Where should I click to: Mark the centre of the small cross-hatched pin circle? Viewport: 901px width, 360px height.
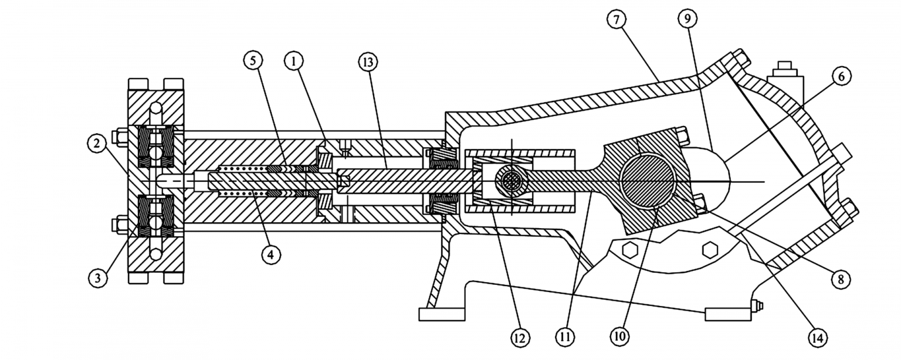coord(512,181)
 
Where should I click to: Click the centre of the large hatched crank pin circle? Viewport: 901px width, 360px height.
coord(647,181)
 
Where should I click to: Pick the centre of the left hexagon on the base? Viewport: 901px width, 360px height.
coord(629,250)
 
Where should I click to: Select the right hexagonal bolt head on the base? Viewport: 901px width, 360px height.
coord(710,250)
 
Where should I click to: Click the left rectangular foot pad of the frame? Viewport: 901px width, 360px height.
coord(442,314)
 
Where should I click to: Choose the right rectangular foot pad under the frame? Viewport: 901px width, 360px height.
coord(728,314)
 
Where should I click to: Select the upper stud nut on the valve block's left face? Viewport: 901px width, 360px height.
coord(119,136)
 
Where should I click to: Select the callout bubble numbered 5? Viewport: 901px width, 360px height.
coord(253,61)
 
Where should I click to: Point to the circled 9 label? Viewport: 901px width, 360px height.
coord(687,18)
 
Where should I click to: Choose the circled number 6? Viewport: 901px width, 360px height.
coord(842,76)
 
